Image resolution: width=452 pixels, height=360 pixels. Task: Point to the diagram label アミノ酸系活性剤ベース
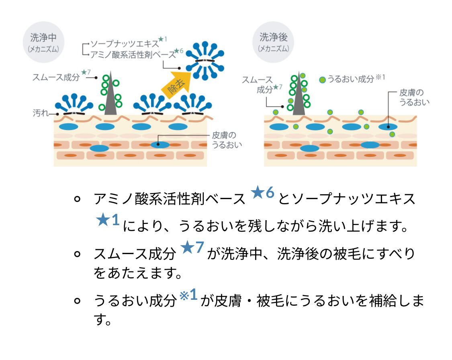(133, 54)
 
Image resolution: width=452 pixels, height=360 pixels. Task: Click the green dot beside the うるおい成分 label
(322, 79)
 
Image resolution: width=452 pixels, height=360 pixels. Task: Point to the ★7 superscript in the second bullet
(193, 247)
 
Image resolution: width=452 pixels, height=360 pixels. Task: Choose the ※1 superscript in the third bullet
(188, 295)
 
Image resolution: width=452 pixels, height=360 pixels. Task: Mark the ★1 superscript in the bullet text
(108, 220)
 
